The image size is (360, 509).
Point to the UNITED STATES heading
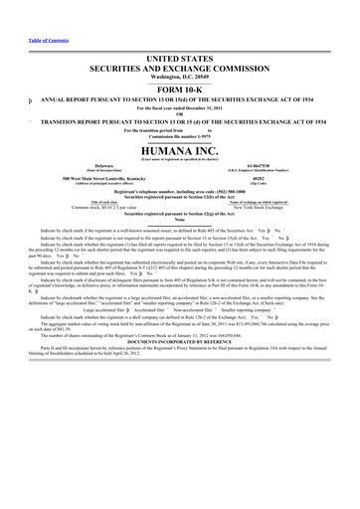point(179,33)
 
